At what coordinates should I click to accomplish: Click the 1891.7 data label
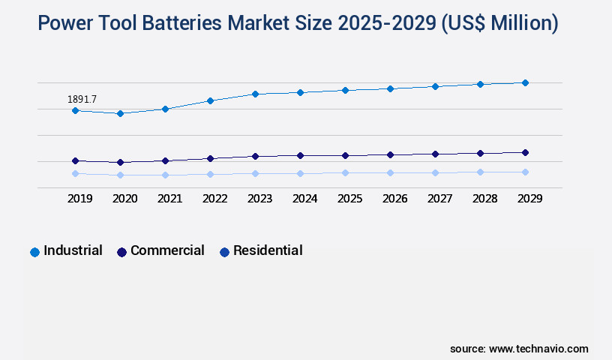(82, 99)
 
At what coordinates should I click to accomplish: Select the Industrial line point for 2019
(75, 110)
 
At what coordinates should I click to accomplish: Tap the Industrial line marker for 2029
(525, 82)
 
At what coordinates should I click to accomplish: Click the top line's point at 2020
(120, 113)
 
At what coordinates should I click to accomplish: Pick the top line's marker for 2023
(255, 94)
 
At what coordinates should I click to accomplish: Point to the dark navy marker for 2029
(525, 152)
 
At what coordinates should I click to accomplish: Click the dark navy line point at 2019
(75, 160)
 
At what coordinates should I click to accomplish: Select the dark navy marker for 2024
(300, 155)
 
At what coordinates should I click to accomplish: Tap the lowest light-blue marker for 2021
(165, 175)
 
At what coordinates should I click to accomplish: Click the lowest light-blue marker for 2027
(435, 172)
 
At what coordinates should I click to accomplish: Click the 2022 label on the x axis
(214, 199)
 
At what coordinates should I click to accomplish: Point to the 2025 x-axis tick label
(349, 199)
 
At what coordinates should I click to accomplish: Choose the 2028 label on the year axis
(484, 199)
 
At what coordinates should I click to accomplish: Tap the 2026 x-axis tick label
(394, 199)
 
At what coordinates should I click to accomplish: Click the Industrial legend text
(73, 250)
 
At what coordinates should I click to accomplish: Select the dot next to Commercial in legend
(121, 252)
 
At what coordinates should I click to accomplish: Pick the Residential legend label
(268, 250)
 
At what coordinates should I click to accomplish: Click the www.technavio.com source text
(538, 349)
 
